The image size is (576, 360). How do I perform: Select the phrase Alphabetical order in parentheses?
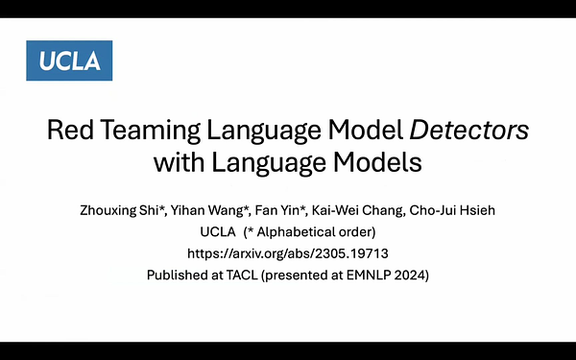(x=324, y=232)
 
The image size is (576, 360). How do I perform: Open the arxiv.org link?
(x=288, y=253)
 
